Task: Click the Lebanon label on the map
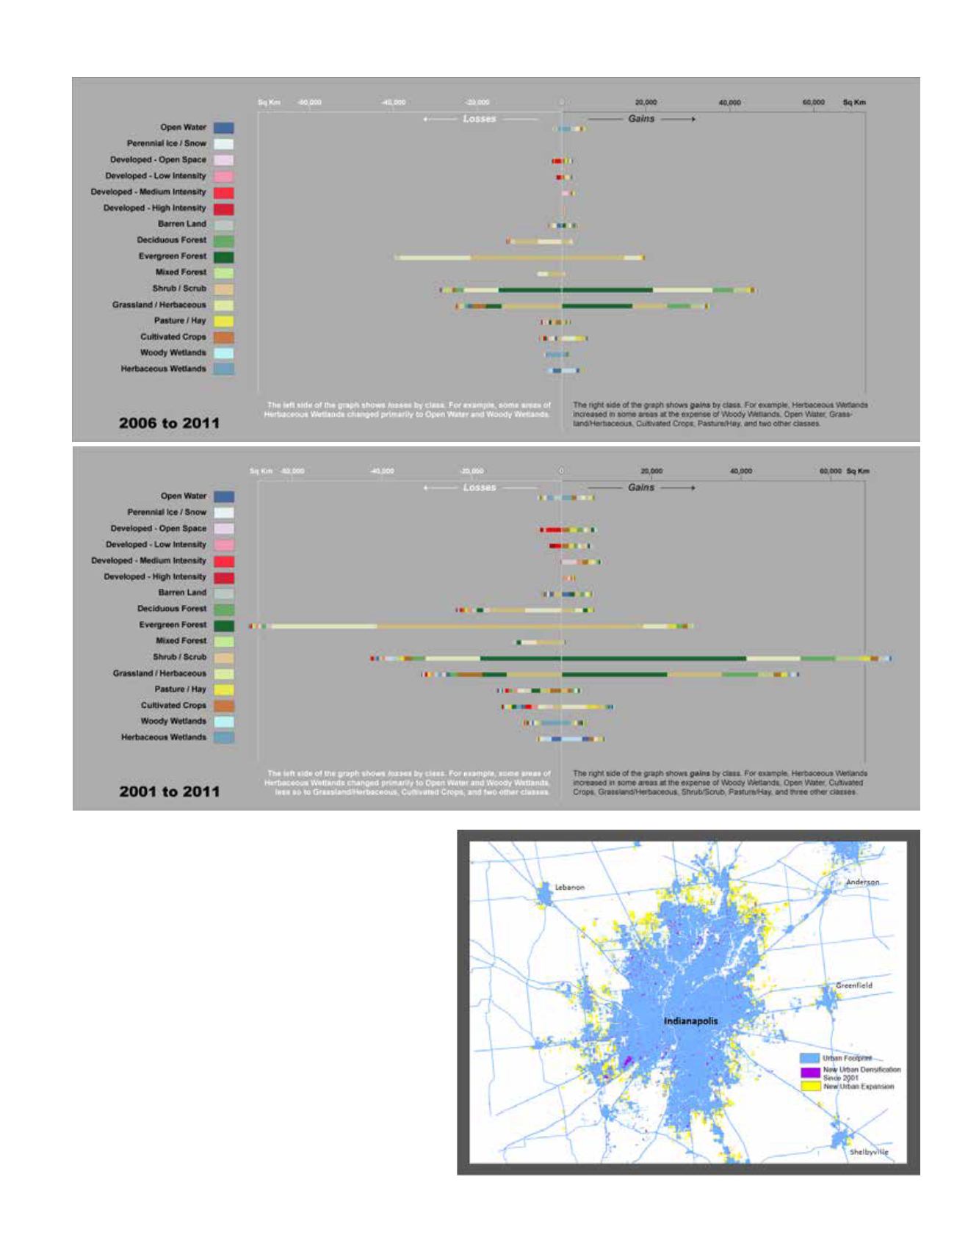point(569,887)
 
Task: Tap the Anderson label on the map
point(862,882)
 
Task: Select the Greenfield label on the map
point(854,985)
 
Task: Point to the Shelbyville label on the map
point(869,1152)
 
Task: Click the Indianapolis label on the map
point(690,1021)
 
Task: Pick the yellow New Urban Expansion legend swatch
point(809,1086)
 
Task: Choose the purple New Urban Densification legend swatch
point(809,1072)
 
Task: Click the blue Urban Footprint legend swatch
point(809,1058)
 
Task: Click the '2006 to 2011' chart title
point(169,423)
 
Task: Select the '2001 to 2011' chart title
point(169,791)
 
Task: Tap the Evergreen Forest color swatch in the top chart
point(224,257)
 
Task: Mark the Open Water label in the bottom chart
point(184,496)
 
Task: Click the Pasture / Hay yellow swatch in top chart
point(224,322)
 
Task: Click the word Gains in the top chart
point(641,119)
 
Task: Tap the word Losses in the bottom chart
point(480,488)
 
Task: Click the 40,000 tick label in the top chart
point(729,103)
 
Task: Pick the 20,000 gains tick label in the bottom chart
point(651,471)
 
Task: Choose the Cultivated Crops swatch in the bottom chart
point(224,706)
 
